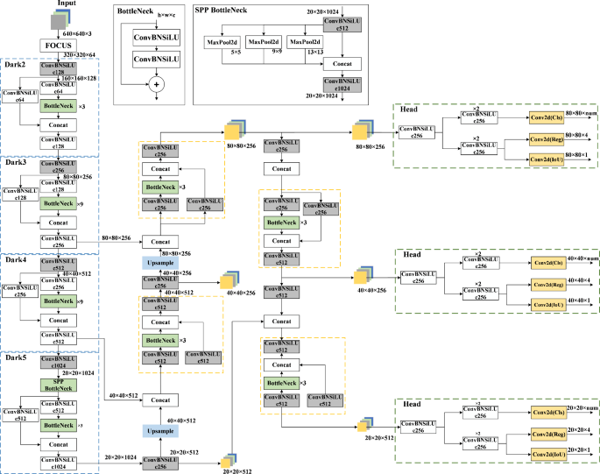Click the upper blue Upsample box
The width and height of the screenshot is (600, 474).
pyautogui.click(x=159, y=262)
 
